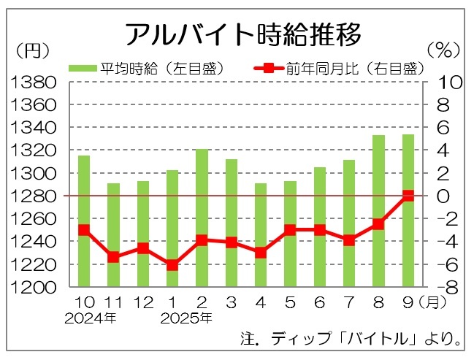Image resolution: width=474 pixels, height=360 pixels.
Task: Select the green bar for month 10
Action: click(84, 219)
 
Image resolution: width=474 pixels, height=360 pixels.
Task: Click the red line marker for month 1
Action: click(172, 265)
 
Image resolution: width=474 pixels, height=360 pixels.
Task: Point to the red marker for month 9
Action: click(408, 196)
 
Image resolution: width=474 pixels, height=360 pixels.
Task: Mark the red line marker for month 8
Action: click(378, 224)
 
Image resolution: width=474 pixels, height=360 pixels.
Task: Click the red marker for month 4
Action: click(261, 253)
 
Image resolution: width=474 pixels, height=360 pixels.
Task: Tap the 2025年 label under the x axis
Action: click(186, 318)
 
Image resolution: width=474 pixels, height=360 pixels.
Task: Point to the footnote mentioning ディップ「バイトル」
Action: click(351, 340)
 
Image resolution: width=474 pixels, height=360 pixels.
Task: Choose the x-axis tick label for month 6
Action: click(319, 302)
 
